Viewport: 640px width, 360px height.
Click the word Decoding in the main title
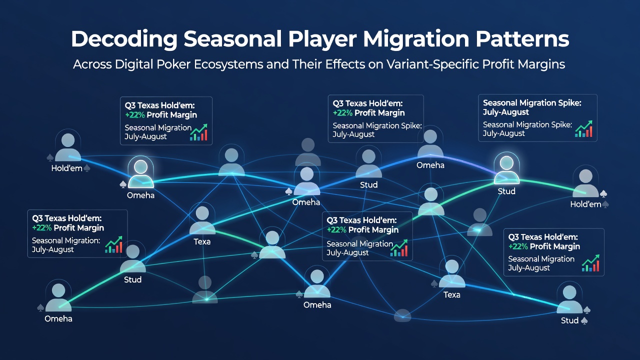(124, 39)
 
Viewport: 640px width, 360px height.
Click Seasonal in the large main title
(232, 39)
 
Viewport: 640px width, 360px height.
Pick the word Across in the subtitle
(92, 64)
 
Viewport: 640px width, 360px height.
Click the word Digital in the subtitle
(134, 65)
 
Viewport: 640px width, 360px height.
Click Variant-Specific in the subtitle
(432, 65)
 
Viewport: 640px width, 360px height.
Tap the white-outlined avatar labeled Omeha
(140, 173)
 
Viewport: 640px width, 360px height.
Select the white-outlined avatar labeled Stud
(506, 169)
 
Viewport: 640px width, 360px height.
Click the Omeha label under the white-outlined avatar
(140, 195)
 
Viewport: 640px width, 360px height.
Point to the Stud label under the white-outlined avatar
(506, 191)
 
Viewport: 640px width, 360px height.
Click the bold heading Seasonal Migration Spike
(532, 103)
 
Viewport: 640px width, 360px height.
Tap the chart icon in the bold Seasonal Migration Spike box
(583, 129)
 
